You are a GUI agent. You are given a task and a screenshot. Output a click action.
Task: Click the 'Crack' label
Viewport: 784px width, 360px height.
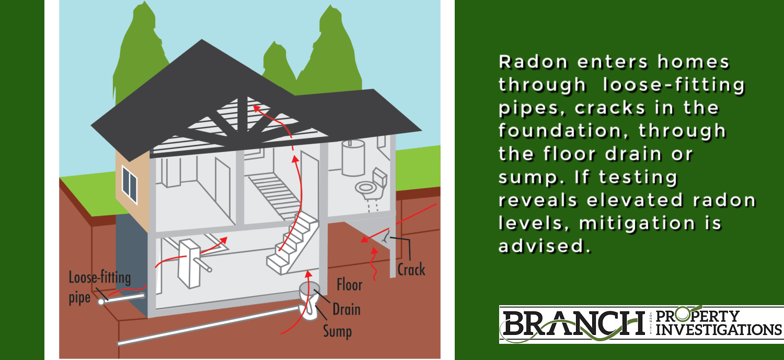[411, 270]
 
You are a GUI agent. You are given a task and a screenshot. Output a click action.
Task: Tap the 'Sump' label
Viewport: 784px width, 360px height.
[337, 331]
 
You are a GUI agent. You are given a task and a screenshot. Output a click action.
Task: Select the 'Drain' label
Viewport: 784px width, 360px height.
[346, 309]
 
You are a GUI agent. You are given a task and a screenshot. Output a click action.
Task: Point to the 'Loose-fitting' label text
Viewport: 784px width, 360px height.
[100, 277]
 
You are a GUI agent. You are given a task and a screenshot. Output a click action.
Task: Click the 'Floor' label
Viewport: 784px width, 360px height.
[349, 284]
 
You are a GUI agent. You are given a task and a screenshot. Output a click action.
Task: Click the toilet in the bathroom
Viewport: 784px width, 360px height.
[372, 184]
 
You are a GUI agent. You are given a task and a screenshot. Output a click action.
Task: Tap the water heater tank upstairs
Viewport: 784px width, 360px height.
[353, 157]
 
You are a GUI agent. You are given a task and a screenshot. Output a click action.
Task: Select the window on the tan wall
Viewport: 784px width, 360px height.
[130, 184]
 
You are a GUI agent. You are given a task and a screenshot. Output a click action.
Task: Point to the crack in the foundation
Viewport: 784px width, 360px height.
[385, 237]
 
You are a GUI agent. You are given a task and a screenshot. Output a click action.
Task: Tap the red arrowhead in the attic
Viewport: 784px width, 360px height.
[257, 108]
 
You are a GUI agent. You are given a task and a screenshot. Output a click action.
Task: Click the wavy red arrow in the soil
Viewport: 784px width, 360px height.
[374, 264]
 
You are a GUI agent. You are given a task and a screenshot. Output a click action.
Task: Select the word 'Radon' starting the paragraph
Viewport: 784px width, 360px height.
[533, 62]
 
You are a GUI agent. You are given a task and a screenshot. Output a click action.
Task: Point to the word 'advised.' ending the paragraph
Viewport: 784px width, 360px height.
[544, 246]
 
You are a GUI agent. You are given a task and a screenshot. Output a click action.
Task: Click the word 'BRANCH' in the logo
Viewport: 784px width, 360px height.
[574, 323]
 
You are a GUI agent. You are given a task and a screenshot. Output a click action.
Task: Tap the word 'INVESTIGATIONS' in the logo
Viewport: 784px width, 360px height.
[719, 330]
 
